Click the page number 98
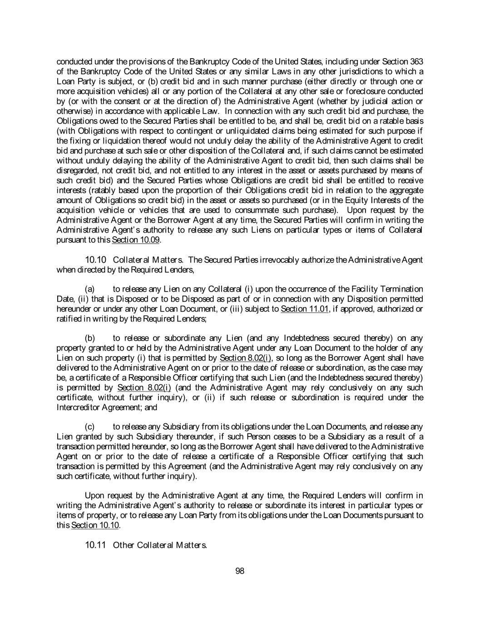click(x=240, y=571)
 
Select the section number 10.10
click(x=95, y=260)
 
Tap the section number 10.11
click(x=95, y=545)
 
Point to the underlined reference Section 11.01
click(x=304, y=309)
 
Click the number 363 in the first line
click(x=416, y=62)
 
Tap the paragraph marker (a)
click(x=90, y=289)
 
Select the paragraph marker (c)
click(x=90, y=427)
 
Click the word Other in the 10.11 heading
click(x=123, y=545)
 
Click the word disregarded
click(x=74, y=170)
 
